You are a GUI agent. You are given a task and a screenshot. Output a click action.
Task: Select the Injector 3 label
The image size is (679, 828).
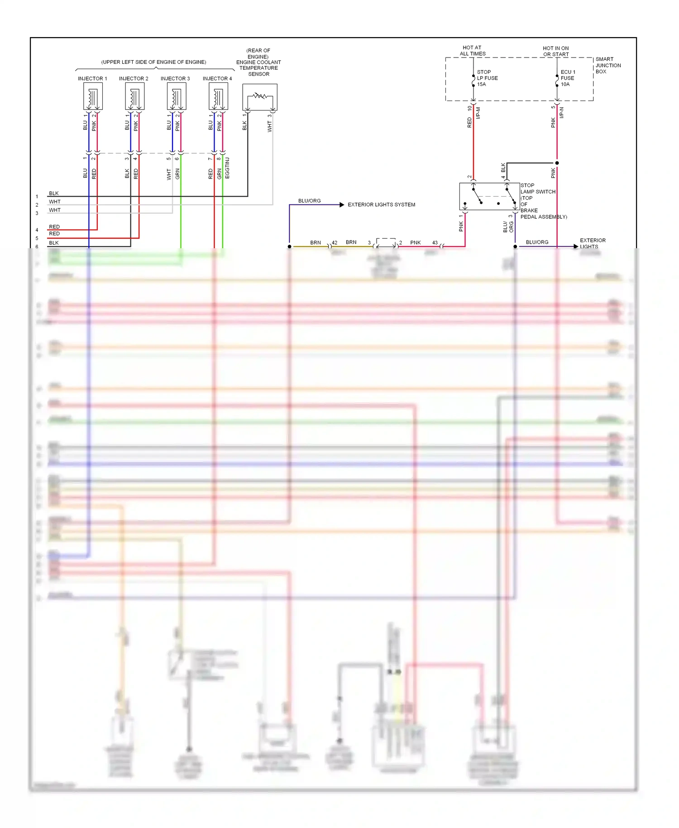[x=175, y=78]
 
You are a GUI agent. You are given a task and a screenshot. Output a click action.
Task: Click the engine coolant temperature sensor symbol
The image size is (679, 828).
[x=260, y=97]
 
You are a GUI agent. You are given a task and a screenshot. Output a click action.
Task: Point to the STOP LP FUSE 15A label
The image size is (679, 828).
[x=487, y=78]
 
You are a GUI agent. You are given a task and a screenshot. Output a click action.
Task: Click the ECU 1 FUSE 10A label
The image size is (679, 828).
[x=568, y=78]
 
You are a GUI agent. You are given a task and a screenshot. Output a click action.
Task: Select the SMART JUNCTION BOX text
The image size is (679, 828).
[x=608, y=65]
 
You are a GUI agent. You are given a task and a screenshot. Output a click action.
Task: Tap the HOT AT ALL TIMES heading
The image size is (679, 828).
[x=472, y=50]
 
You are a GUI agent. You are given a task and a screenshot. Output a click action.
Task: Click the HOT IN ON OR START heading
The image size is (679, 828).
[x=556, y=51]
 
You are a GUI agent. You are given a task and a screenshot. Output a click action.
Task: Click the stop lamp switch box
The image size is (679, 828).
[x=489, y=197]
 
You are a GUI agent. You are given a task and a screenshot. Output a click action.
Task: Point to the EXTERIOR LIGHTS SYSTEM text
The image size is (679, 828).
[x=381, y=205]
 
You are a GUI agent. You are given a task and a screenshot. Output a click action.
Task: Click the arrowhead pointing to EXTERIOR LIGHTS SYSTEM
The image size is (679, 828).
[x=342, y=205]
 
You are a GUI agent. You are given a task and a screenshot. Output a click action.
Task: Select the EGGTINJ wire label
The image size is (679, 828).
[x=227, y=168]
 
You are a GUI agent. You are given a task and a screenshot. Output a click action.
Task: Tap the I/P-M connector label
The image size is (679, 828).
[x=478, y=113]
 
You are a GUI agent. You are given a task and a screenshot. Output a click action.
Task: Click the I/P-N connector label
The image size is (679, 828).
[x=562, y=113]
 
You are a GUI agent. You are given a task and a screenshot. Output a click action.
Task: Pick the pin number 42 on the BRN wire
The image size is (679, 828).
[x=335, y=242]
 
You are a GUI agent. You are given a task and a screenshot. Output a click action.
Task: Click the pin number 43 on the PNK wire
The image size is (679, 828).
[x=435, y=242]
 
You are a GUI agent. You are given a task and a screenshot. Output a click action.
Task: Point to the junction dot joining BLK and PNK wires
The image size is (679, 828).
[x=557, y=163]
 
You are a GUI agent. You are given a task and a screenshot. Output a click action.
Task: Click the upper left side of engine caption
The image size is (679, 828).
[x=153, y=62]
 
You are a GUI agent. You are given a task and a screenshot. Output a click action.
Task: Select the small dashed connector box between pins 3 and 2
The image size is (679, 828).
[x=386, y=242]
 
